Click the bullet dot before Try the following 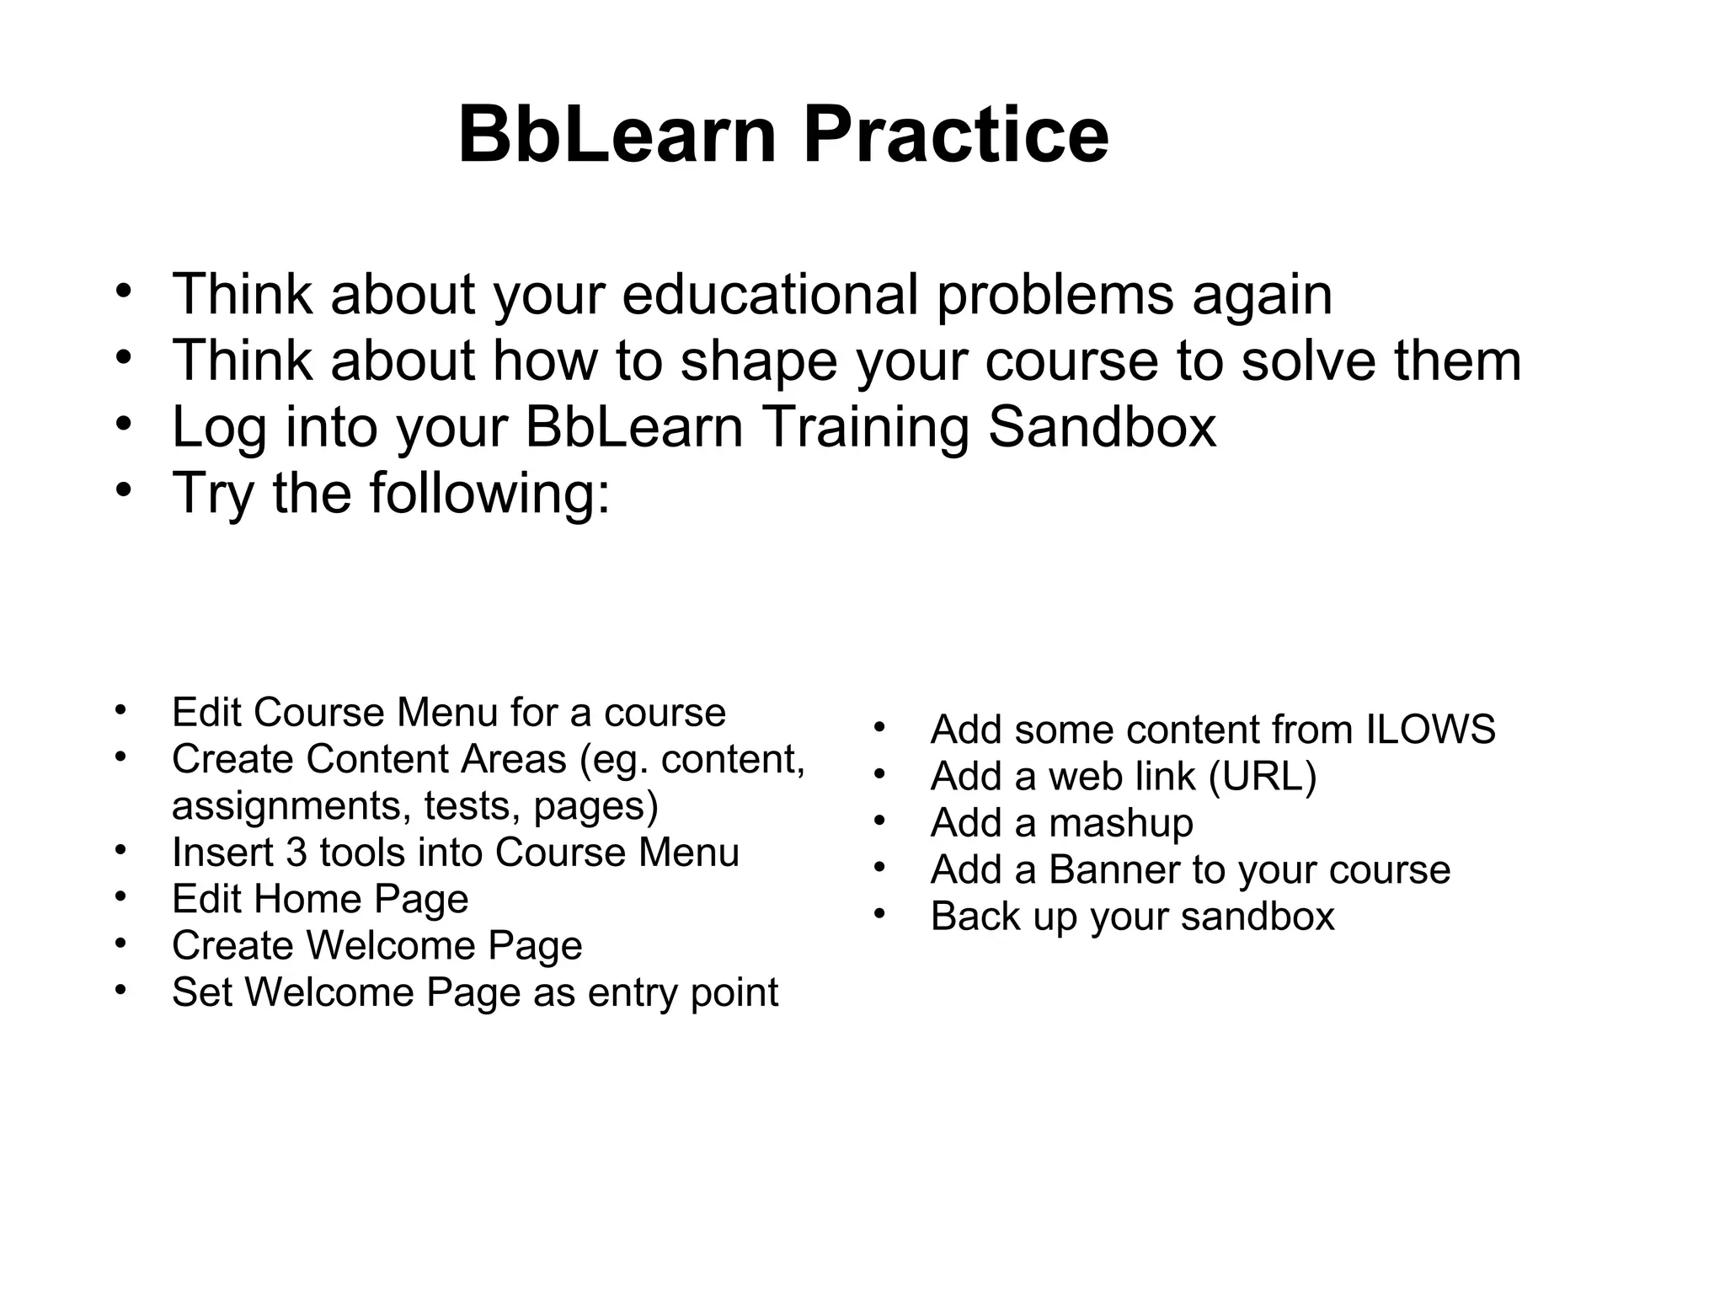click(125, 489)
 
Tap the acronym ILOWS click(1430, 730)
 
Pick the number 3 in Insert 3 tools click(296, 853)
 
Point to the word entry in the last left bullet click(633, 992)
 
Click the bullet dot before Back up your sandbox click(880, 912)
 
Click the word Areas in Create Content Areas click(513, 759)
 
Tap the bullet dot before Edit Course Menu click(122, 708)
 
